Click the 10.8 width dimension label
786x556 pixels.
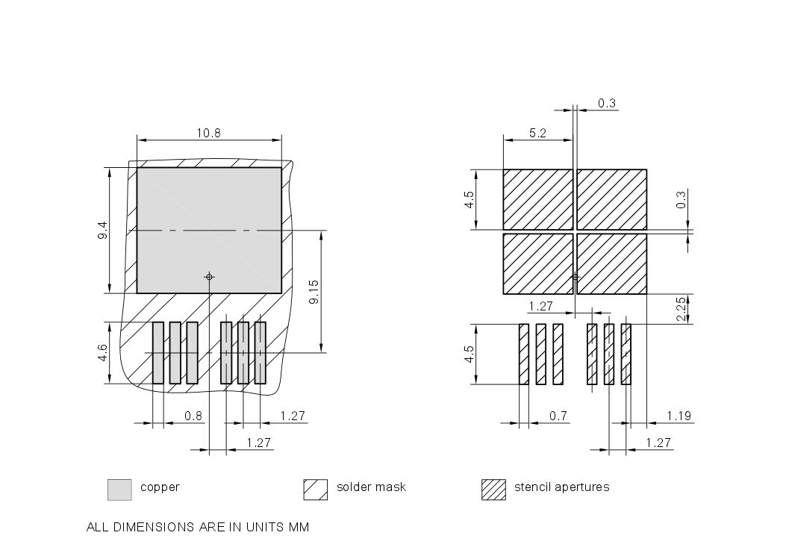[x=209, y=134]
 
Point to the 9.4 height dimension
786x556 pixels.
[x=102, y=231]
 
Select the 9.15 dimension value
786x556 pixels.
[x=314, y=292]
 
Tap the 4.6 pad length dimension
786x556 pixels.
[x=102, y=352]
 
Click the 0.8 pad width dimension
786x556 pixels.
[x=193, y=416]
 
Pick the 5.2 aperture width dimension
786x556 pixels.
[x=537, y=134]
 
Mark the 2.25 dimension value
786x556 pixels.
[x=681, y=310]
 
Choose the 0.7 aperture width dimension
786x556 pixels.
[x=558, y=416]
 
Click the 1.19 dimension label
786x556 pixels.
[x=679, y=416]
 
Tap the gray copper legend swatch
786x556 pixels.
[x=119, y=489]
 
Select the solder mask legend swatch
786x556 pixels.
[x=315, y=489]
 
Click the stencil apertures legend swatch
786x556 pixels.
[x=493, y=489]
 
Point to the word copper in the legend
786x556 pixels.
[x=160, y=487]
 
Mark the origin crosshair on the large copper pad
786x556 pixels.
[x=209, y=277]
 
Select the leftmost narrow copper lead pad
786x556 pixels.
[x=157, y=353]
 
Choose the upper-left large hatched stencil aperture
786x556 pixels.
[x=537, y=199]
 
